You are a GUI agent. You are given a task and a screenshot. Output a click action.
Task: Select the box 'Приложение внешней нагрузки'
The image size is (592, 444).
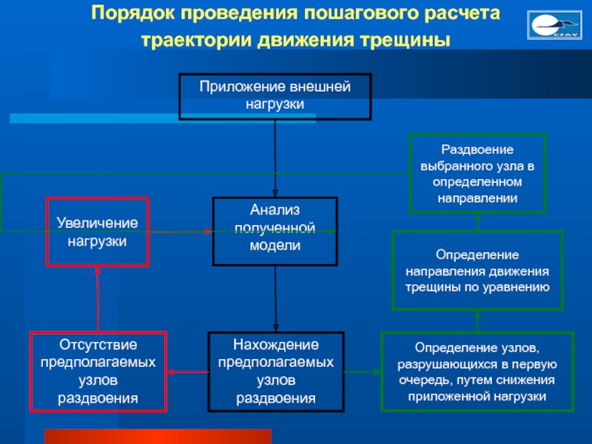(275, 96)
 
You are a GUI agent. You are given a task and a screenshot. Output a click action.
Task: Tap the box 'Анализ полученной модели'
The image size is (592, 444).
(275, 231)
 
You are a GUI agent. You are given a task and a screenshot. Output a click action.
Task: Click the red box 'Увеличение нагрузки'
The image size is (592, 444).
(98, 232)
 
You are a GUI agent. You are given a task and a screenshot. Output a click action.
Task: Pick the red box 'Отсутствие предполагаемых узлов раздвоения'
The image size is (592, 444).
(98, 371)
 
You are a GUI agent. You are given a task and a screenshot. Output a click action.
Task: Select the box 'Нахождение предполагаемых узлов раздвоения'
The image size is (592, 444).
(275, 371)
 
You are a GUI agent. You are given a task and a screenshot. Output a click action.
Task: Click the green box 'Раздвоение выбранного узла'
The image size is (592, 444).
(477, 173)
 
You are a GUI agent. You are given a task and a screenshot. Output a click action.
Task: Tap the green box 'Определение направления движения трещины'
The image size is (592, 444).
(477, 269)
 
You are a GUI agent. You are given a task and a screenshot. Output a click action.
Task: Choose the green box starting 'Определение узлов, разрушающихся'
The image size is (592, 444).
(477, 371)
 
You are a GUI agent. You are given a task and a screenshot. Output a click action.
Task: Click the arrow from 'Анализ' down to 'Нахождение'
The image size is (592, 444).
(275, 299)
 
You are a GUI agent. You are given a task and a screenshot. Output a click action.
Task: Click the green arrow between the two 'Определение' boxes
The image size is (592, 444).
(477, 321)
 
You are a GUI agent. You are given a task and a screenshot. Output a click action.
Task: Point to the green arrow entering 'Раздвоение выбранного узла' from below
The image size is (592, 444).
(477, 221)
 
